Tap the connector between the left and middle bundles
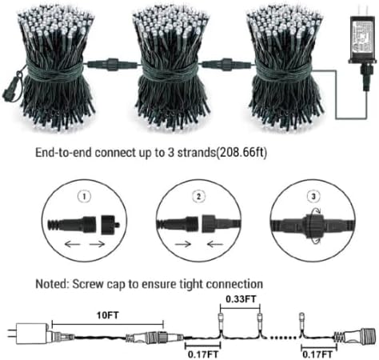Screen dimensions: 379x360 pyautogui.click(x=113, y=65)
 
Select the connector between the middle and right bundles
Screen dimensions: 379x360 pyautogui.click(x=226, y=65)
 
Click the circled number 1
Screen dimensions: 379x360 pyautogui.click(x=85, y=197)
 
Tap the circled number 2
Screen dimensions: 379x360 pyautogui.click(x=199, y=197)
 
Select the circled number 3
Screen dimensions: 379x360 pyautogui.click(x=313, y=197)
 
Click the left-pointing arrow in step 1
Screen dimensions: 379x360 pyautogui.click(x=72, y=243)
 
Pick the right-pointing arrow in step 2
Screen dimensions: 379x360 pyautogui.click(x=183, y=243)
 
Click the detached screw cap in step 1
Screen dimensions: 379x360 pyautogui.click(x=110, y=225)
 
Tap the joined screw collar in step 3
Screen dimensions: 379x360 pyautogui.click(x=314, y=225)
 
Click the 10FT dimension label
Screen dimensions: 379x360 pyautogui.click(x=107, y=315)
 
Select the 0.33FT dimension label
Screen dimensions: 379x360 pyautogui.click(x=241, y=298)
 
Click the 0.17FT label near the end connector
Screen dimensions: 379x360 pyautogui.click(x=317, y=354)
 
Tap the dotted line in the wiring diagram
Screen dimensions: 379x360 pyautogui.click(x=283, y=338)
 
